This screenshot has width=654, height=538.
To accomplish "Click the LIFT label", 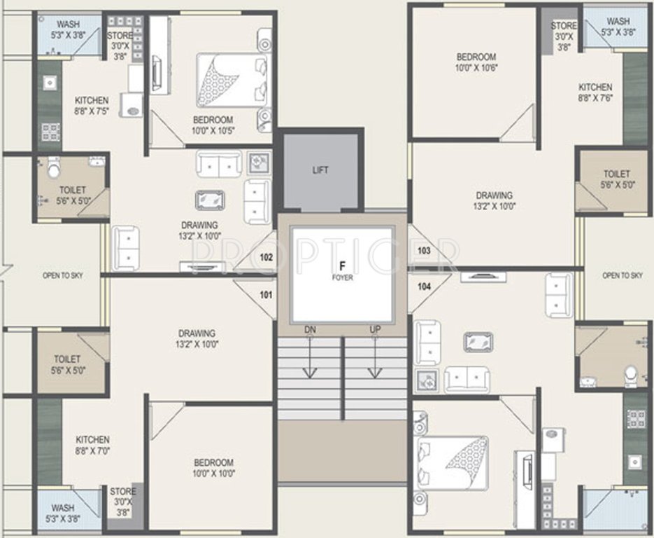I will [320, 170].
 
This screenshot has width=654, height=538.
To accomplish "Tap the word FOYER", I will [343, 277].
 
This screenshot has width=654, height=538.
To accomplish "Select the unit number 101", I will [266, 295].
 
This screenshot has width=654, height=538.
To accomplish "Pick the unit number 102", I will [266, 257].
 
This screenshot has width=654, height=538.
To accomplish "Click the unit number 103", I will [423, 250].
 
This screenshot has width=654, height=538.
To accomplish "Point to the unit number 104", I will [423, 286].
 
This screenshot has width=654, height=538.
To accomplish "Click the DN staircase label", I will [310, 329].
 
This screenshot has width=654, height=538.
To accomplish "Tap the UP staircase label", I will [376, 329].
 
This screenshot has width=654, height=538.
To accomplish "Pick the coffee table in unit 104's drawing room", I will [477, 342].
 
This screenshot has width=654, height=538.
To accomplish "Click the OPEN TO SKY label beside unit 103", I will [622, 275].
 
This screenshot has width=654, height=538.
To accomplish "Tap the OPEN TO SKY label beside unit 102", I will [62, 275].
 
